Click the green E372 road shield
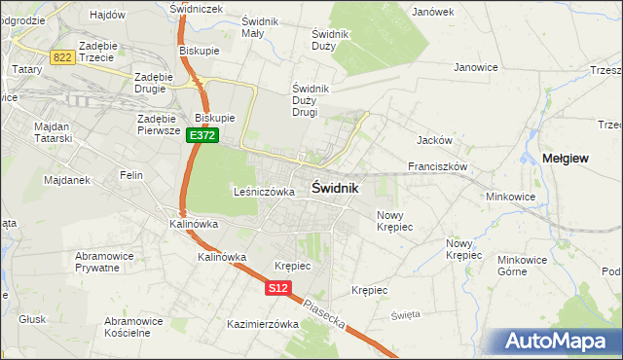point(202,136)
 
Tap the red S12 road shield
point(277,288)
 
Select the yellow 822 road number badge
point(63,57)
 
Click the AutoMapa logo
point(556,341)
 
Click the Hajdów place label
point(107,15)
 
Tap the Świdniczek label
point(196,8)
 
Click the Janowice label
point(476,67)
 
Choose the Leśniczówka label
point(264,192)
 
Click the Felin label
point(131,175)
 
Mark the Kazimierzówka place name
point(262,324)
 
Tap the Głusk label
point(31,317)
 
